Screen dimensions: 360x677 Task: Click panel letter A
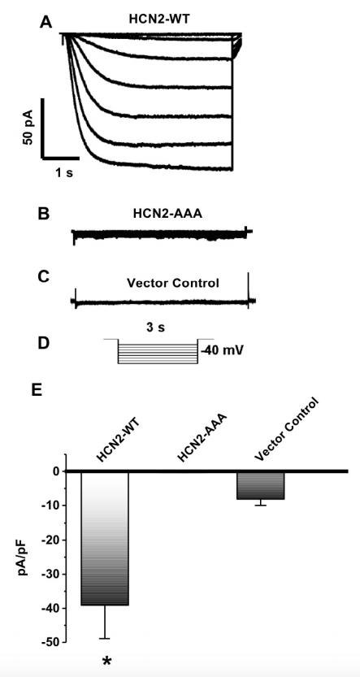[46, 22]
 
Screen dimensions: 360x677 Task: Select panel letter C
[44, 277]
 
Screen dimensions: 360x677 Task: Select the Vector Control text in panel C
[172, 284]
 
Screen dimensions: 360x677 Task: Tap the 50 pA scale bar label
[29, 128]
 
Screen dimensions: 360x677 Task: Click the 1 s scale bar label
[63, 174]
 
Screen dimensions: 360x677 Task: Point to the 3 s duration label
[154, 328]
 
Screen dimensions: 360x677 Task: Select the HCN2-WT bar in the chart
[105, 538]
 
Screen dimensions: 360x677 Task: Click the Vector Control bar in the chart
[260, 485]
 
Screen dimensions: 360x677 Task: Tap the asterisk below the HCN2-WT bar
[106, 661]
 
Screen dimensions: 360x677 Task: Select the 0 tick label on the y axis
[56, 471]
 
